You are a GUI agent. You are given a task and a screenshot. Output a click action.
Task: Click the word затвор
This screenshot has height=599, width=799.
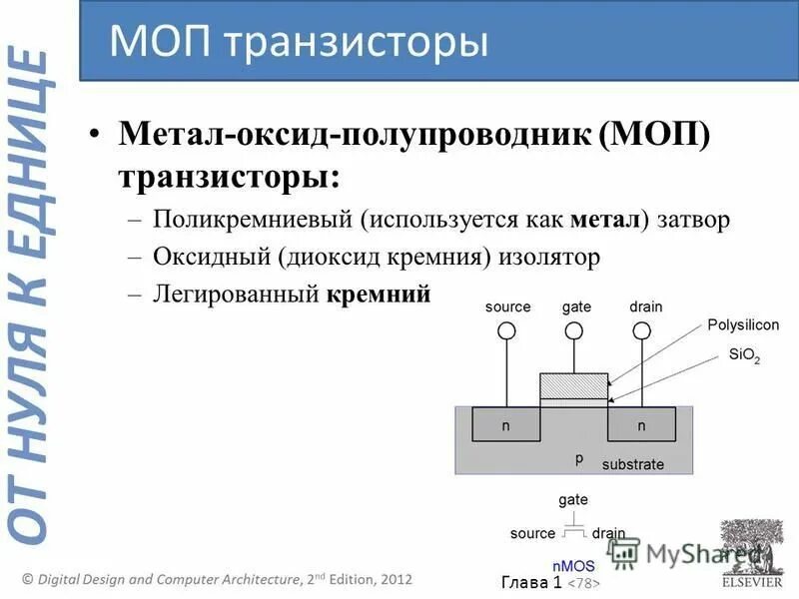(694, 220)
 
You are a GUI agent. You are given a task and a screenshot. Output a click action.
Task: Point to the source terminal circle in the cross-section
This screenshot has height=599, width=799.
(507, 330)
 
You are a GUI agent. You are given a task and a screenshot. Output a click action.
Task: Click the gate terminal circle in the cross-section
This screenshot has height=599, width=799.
(574, 330)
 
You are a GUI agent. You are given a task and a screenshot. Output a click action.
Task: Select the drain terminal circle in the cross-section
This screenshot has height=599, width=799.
(642, 330)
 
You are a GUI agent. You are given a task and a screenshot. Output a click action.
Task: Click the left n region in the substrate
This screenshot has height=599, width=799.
(506, 425)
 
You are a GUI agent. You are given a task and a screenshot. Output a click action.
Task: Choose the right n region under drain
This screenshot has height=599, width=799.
(641, 425)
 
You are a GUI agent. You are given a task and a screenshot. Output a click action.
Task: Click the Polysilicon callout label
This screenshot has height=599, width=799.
(743, 324)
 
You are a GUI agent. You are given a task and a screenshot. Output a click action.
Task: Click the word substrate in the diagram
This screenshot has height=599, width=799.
(632, 464)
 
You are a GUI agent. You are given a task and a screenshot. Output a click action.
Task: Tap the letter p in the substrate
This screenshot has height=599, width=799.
(578, 457)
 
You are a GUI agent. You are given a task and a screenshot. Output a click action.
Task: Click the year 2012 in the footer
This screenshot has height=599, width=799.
(391, 579)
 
